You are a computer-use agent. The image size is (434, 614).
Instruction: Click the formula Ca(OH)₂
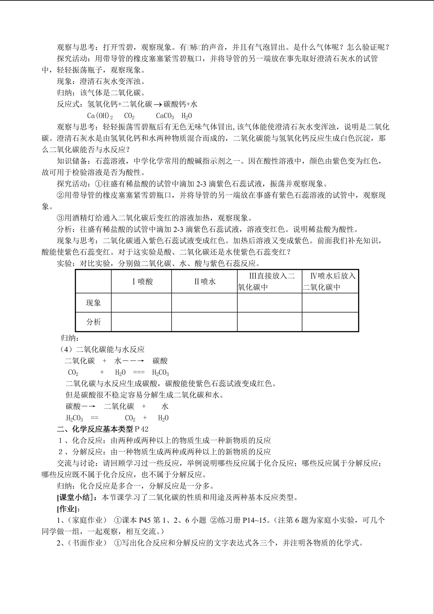point(100,116)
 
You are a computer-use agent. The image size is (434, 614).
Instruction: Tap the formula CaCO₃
point(165,116)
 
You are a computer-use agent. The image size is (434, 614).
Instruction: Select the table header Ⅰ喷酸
point(142,282)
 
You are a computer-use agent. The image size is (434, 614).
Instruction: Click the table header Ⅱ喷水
point(205,282)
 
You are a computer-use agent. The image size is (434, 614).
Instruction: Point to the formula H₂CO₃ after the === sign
point(160,373)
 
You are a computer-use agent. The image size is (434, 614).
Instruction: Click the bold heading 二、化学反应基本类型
point(95,429)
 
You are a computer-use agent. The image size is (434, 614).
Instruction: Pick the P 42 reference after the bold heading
point(142,429)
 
